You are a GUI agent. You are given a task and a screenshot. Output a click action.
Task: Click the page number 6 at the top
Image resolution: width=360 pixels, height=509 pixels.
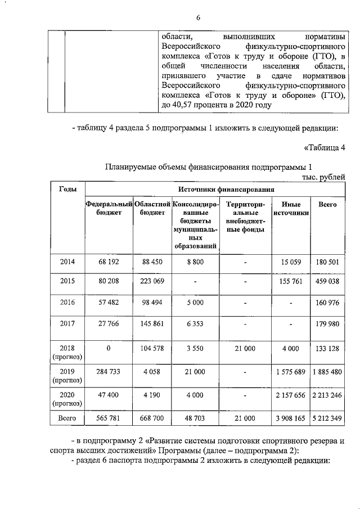click(x=199, y=17)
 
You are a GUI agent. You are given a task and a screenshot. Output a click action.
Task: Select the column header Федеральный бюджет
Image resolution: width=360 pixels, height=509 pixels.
click(x=109, y=208)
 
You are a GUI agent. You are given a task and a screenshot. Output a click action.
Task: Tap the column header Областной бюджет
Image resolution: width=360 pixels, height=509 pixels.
click(x=152, y=208)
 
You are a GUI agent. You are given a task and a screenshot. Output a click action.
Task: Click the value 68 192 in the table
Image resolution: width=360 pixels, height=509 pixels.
click(x=109, y=262)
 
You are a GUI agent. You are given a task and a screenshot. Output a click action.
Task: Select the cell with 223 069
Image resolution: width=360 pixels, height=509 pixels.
click(x=152, y=281)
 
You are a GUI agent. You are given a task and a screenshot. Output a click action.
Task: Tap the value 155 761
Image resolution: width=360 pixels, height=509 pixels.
click(x=291, y=281)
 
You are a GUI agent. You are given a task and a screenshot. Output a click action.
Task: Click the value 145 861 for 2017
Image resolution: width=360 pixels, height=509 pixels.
click(x=152, y=323)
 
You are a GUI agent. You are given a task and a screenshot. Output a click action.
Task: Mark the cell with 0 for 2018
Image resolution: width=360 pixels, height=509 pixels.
click(x=109, y=348)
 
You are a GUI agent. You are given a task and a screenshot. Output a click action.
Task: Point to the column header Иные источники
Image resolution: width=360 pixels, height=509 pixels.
click(x=291, y=209)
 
